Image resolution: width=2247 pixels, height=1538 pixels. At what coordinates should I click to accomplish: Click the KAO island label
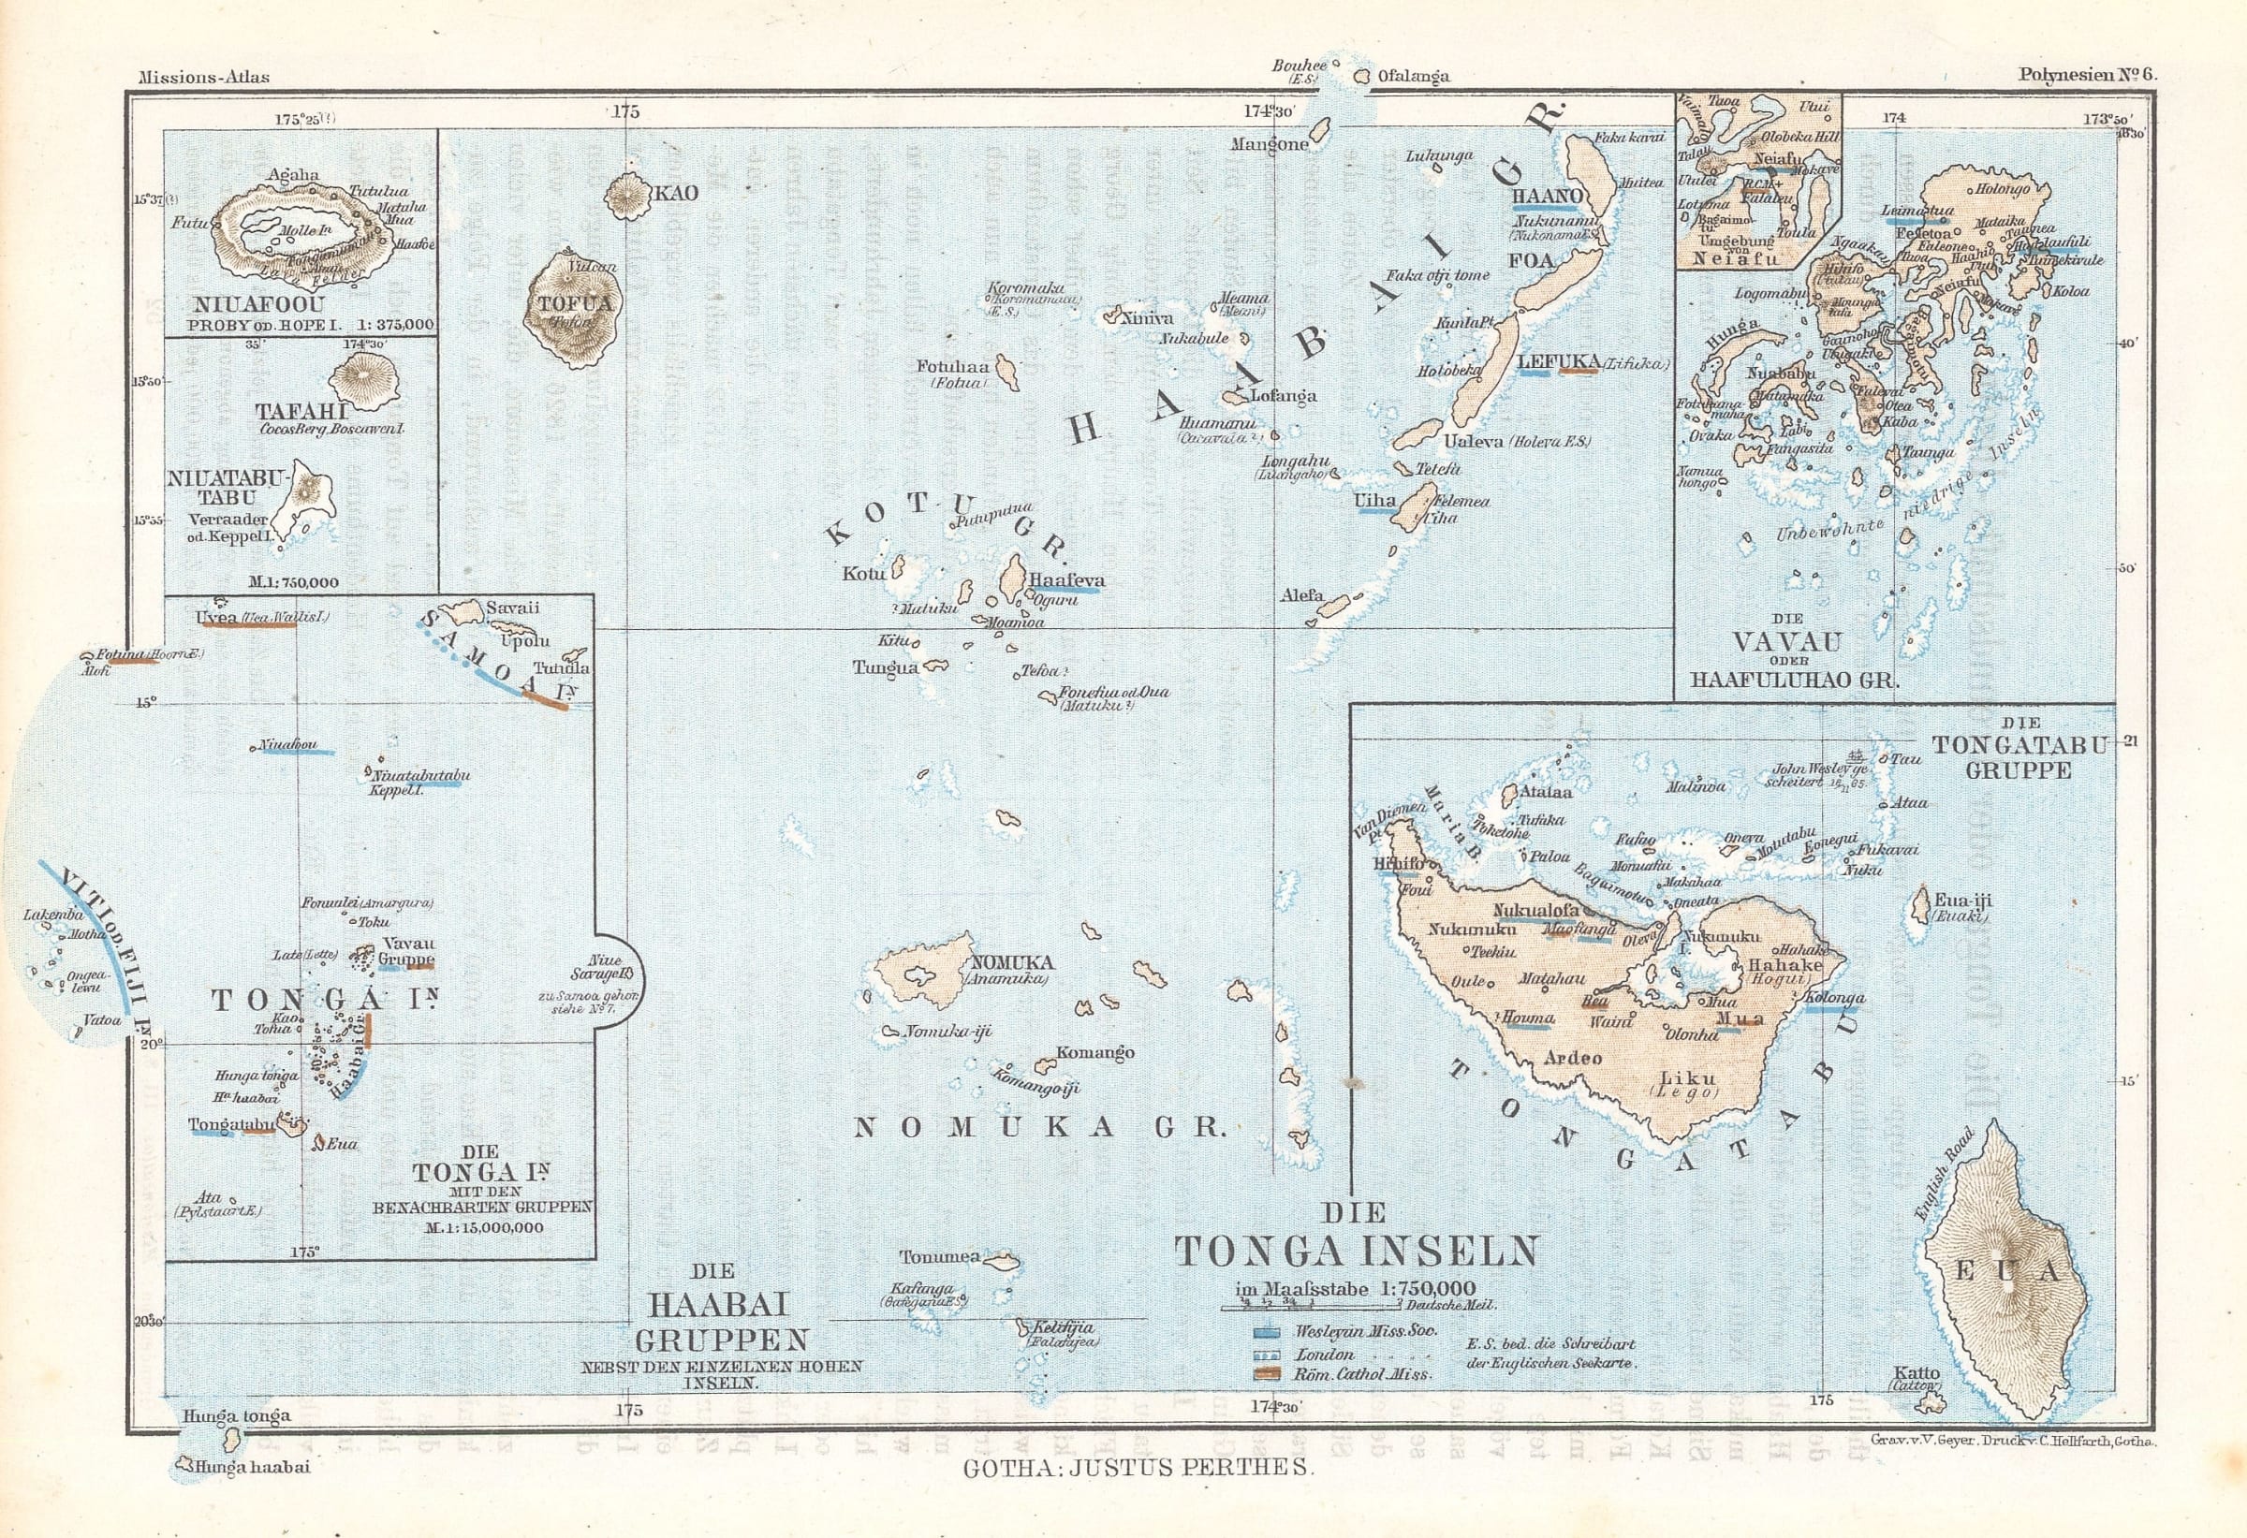(676, 194)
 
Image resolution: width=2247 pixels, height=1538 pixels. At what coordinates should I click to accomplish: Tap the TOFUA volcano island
(571, 309)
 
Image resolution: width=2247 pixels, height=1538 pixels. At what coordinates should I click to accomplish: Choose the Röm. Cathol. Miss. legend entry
(1362, 1373)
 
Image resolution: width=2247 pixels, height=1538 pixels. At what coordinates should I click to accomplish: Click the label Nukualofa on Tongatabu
(1535, 910)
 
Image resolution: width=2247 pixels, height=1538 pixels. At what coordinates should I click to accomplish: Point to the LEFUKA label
(1559, 362)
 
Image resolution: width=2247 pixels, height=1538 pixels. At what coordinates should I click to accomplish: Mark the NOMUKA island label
(1011, 963)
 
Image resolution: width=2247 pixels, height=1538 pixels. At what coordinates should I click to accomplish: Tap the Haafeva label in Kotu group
(1066, 581)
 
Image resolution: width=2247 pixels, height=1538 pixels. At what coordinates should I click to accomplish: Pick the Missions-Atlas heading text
(204, 78)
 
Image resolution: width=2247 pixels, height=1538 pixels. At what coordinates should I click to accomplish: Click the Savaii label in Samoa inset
(512, 608)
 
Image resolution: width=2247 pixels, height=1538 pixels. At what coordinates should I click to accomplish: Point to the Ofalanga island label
(1413, 77)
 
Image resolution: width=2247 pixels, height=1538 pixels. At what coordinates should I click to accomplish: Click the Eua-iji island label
(1961, 900)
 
